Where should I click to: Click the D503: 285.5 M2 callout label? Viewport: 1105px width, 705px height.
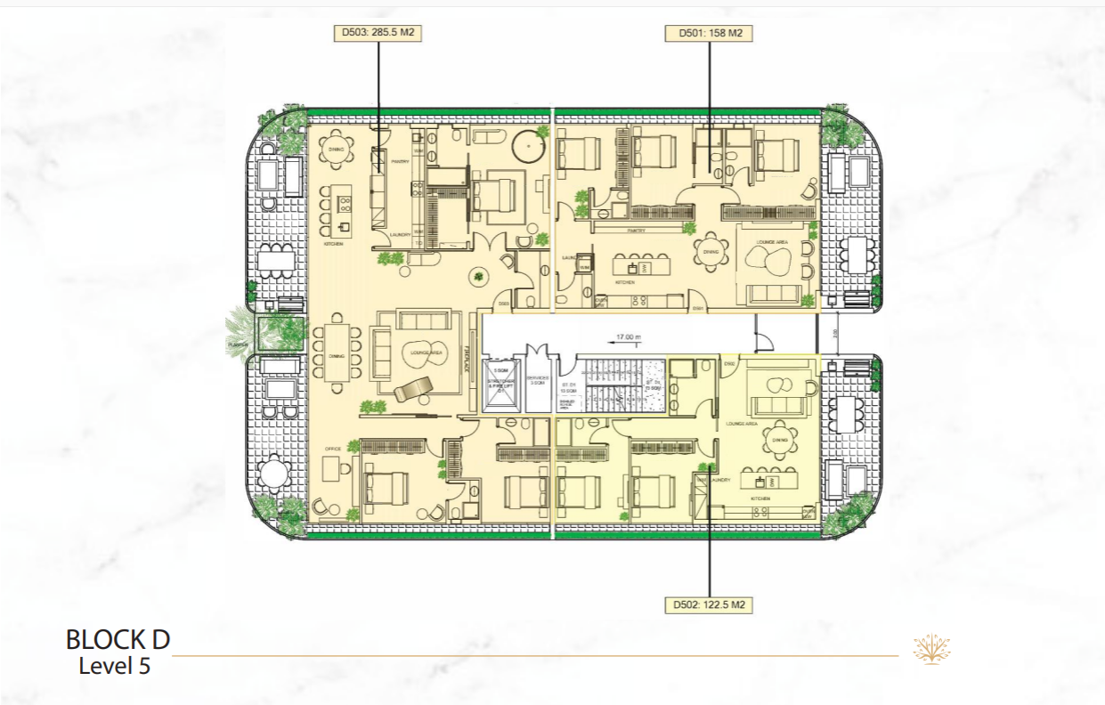(378, 34)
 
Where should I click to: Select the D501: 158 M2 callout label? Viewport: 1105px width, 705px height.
(709, 34)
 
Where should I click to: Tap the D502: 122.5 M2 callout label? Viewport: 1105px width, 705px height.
(709, 605)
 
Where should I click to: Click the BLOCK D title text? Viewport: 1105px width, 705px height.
(118, 639)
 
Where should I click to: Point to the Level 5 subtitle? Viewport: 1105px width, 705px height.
(115, 665)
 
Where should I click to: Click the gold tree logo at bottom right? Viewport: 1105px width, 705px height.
(931, 649)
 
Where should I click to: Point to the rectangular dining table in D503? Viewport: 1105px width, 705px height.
(337, 352)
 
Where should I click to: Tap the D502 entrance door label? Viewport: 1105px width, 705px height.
(728, 364)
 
